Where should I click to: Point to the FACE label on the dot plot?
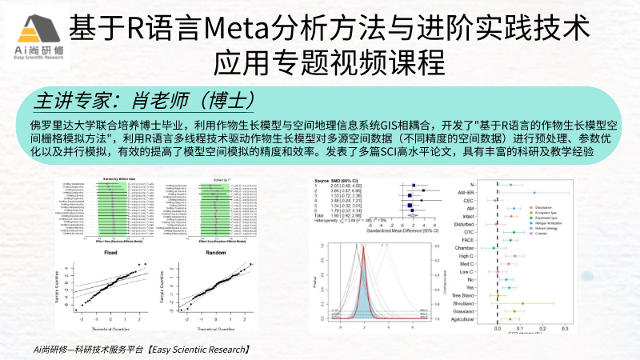469,239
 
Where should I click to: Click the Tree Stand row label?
462,296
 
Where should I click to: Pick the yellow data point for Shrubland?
522,304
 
